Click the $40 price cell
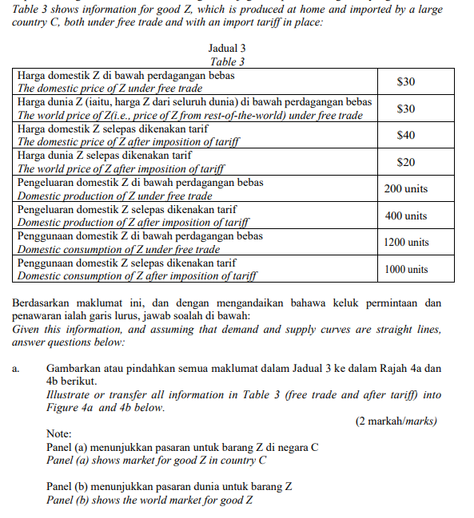point(405,135)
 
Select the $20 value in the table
point(405,162)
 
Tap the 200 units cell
point(405,189)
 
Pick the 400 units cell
point(405,216)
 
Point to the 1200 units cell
point(405,243)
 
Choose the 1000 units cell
point(405,270)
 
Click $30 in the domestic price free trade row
point(405,81)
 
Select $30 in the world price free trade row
point(405,109)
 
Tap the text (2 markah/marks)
point(396,421)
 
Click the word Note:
point(60,434)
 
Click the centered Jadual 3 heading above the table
point(226,49)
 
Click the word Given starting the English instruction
point(27,329)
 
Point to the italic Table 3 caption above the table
point(226,61)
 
